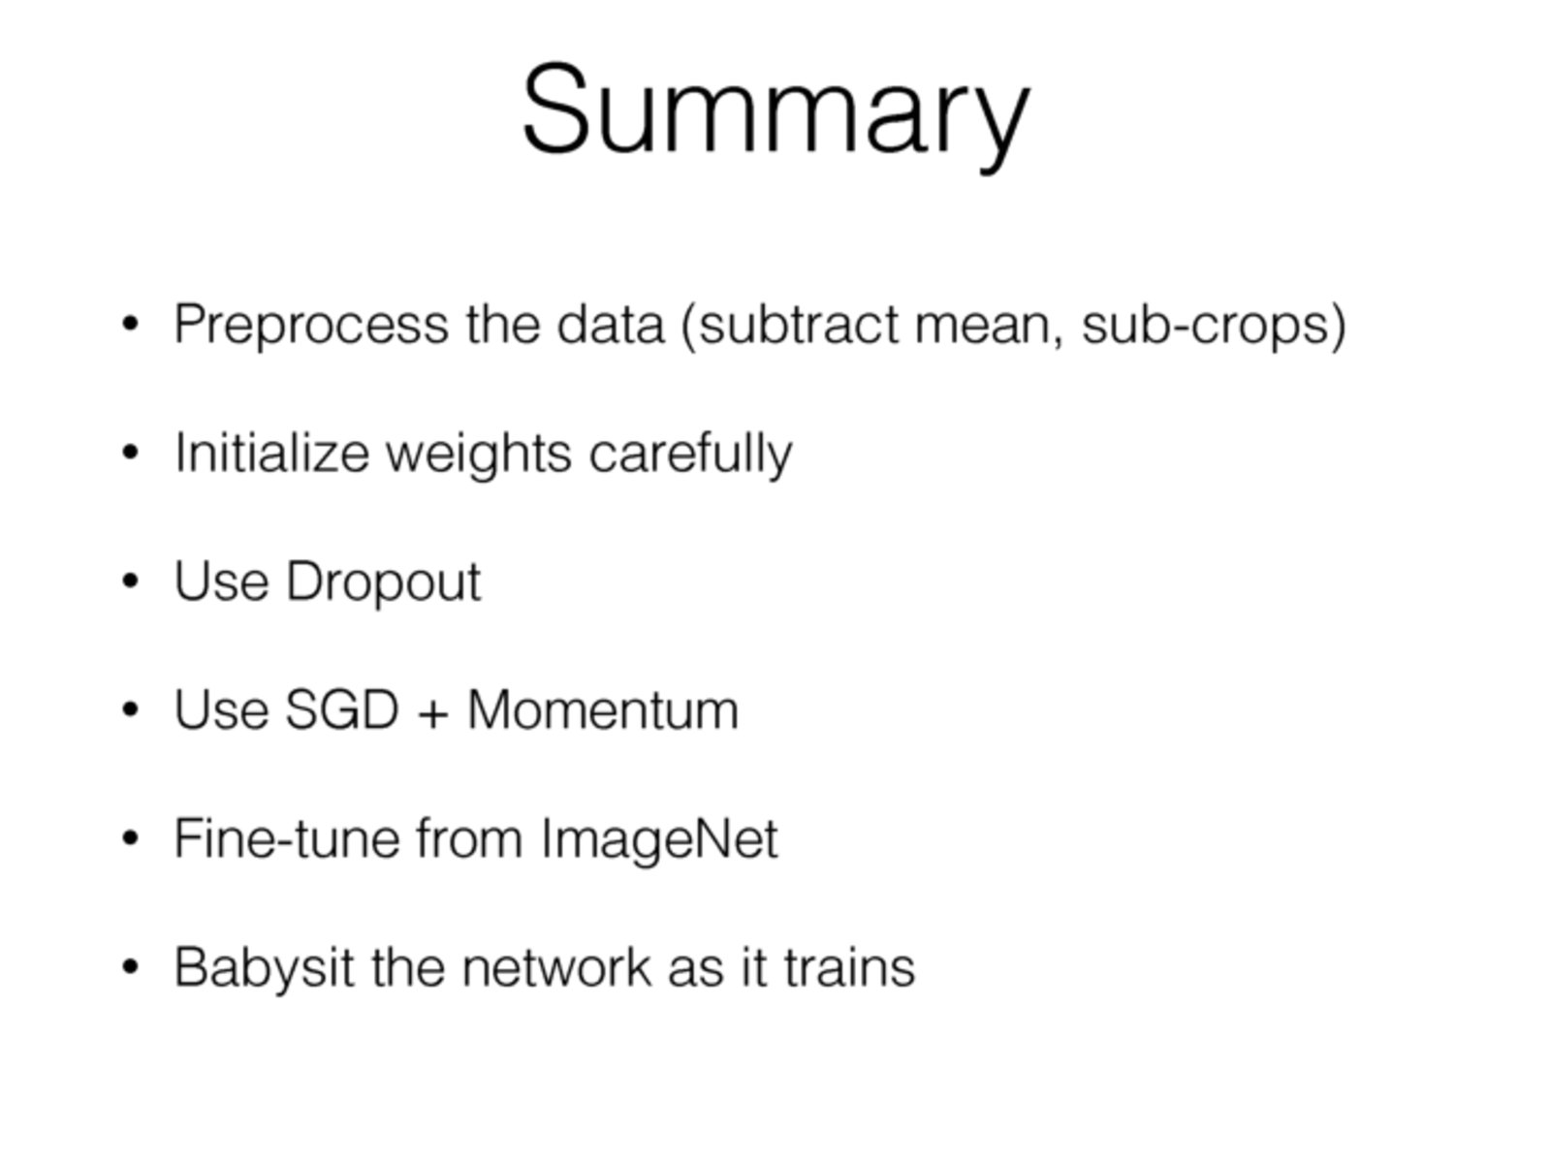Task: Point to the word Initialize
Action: (x=272, y=453)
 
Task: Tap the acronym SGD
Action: (x=342, y=709)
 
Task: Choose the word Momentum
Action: (x=603, y=709)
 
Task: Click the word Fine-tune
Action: (x=286, y=838)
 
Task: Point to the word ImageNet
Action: (x=660, y=841)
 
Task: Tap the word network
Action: (x=556, y=966)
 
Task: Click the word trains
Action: (x=850, y=966)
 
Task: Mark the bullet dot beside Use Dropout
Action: (x=131, y=581)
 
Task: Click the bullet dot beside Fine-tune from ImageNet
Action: (x=131, y=838)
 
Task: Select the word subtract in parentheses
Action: (x=799, y=325)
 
